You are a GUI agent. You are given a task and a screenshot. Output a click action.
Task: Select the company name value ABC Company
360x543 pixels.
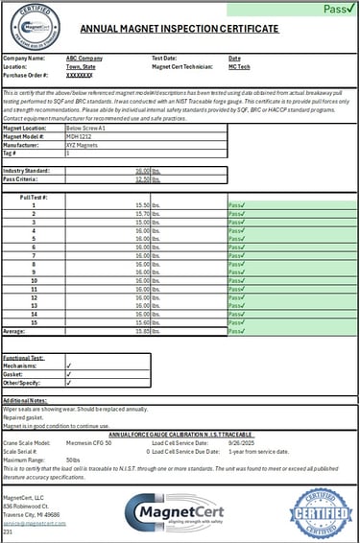(84, 59)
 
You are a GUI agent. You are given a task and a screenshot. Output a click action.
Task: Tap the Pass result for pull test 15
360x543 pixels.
(237, 322)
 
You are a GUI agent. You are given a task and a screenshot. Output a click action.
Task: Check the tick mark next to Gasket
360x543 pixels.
(68, 374)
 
